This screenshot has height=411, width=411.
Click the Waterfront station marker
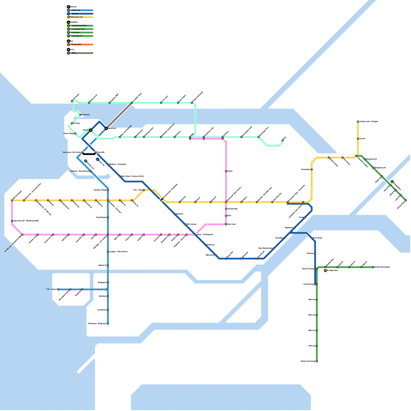106,128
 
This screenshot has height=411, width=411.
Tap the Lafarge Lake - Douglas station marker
358,122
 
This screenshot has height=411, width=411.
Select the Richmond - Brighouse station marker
108,324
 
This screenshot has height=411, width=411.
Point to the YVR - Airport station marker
58,289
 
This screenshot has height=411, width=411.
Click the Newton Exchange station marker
317,361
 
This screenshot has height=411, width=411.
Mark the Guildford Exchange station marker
373,267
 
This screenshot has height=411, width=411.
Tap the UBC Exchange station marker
12,200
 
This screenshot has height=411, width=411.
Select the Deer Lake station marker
226,224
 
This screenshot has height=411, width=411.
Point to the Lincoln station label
362,139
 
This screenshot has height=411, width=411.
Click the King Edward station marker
108,218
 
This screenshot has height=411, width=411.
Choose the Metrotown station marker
216,255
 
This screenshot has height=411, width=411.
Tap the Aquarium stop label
86,115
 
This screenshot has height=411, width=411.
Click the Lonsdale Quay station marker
132,103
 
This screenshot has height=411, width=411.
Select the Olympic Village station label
100,190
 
